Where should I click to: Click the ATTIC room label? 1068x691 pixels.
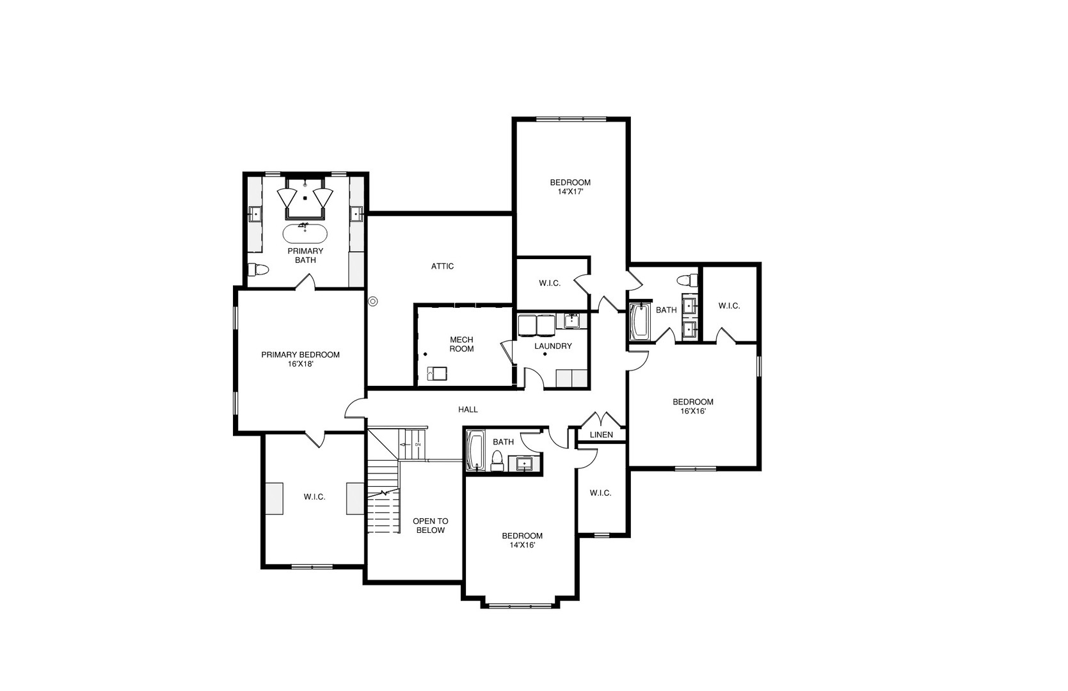[x=442, y=266]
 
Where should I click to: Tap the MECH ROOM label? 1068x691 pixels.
[x=461, y=344]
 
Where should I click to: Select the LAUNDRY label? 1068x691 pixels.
[x=553, y=346]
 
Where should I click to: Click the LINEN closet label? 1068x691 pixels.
[x=601, y=435]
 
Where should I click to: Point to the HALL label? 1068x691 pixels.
[x=468, y=409]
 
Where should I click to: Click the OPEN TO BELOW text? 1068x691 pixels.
[x=430, y=526]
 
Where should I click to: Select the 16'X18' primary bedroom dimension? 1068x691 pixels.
[x=300, y=364]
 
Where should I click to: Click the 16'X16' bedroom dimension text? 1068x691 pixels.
[x=692, y=411]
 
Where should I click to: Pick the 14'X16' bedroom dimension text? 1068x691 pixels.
[x=522, y=545]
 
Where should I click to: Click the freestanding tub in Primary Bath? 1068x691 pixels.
[x=305, y=234]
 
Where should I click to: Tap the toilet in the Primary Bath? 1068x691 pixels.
[x=259, y=270]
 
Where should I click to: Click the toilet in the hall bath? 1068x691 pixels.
[x=497, y=461]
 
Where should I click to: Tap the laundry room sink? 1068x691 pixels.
[x=571, y=321]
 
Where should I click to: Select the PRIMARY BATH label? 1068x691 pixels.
[x=305, y=255]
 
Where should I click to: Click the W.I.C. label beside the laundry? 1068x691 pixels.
[x=550, y=283]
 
